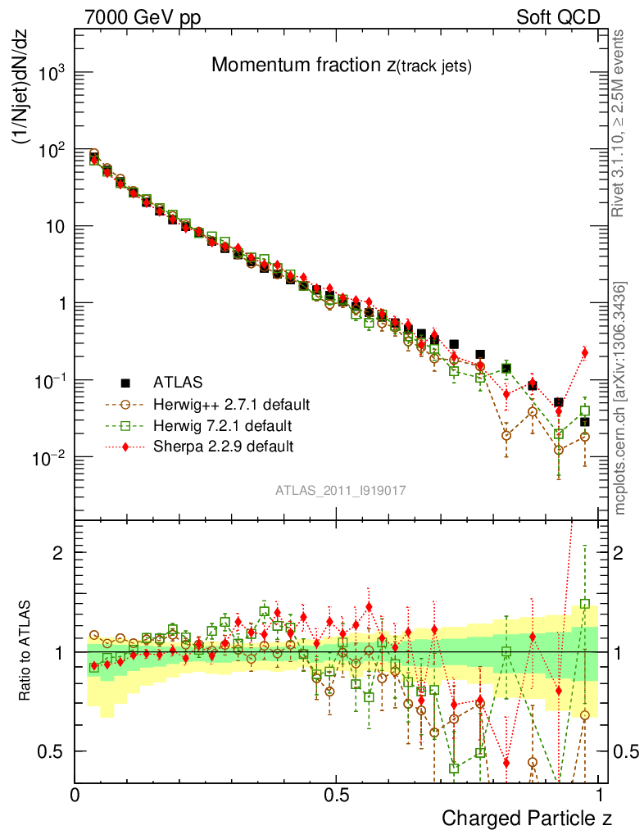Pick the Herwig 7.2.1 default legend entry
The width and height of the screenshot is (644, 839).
(x=222, y=425)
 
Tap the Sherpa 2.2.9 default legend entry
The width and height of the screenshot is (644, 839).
(x=222, y=447)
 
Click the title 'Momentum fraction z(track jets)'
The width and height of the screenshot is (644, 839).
(x=341, y=66)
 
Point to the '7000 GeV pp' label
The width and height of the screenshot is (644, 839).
(x=143, y=17)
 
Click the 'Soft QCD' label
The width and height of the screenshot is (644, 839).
(x=558, y=17)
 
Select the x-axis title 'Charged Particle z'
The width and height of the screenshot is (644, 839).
(x=527, y=818)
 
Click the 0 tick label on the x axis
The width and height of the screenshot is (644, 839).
(x=75, y=795)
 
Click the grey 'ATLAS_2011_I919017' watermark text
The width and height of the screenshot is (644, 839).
(x=340, y=490)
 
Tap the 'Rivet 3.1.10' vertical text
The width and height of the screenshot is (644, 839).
(x=619, y=123)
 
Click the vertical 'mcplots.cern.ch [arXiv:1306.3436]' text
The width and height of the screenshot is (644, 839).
(x=620, y=398)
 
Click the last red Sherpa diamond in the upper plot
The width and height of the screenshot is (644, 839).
(x=584, y=352)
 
